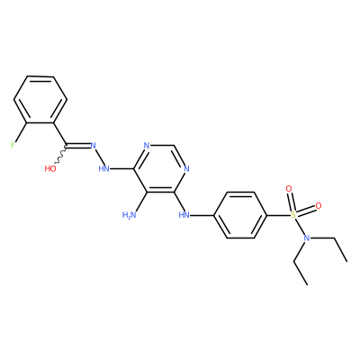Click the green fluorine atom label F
coord(13,146)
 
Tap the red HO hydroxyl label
coord(50,169)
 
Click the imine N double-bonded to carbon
coord(93,146)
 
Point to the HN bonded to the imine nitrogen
coord(103,169)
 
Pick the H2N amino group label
coord(130,215)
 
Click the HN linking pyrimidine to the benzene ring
coord(184,215)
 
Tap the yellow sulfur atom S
coord(293,215)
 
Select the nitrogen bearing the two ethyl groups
coord(306,238)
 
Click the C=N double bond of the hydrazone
coord(78,146)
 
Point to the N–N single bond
coord(100,157)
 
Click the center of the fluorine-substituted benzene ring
coord(40,100)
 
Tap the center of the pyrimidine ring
coord(160,169)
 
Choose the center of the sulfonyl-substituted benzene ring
coord(240,215)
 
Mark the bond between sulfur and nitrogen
coord(300,227)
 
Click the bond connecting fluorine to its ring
coord(21,132)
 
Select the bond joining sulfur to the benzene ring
coord(278,215)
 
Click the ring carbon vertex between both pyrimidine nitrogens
coord(174,146)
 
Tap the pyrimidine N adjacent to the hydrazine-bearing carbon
coord(147,146)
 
